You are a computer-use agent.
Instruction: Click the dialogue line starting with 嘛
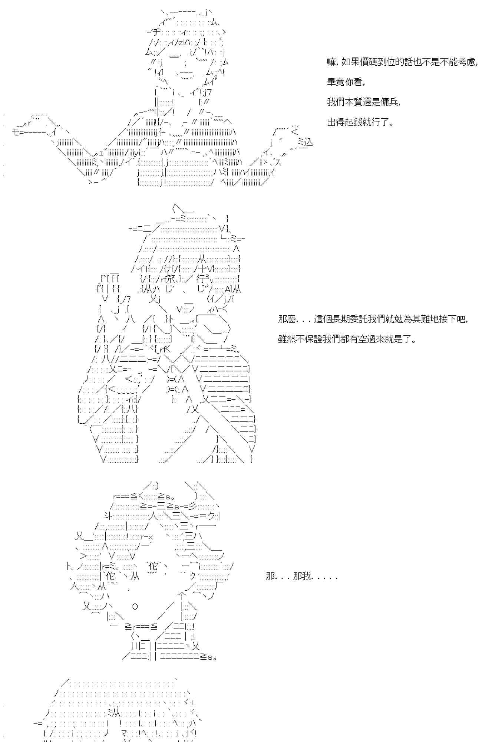tap(402, 62)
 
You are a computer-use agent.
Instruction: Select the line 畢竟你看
tap(346, 82)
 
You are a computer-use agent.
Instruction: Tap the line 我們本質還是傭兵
tap(364, 102)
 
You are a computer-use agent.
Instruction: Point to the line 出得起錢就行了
tap(360, 122)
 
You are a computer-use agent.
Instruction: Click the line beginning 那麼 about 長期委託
tap(373, 319)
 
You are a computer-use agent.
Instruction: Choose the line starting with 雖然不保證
tap(347, 339)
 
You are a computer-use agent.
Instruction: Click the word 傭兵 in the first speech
tap(390, 102)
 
